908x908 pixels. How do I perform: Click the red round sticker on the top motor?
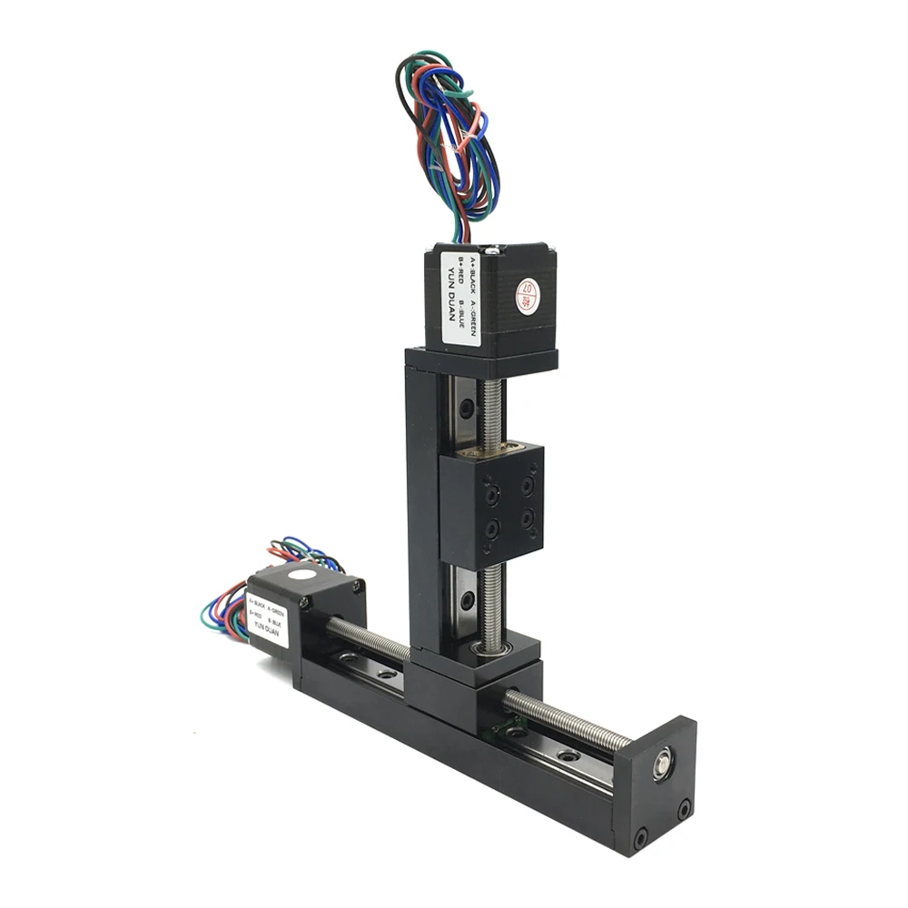click(527, 295)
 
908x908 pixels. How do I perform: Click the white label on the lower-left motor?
click(267, 617)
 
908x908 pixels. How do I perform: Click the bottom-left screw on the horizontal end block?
click(641, 835)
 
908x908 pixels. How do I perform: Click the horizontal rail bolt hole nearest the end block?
click(567, 755)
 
